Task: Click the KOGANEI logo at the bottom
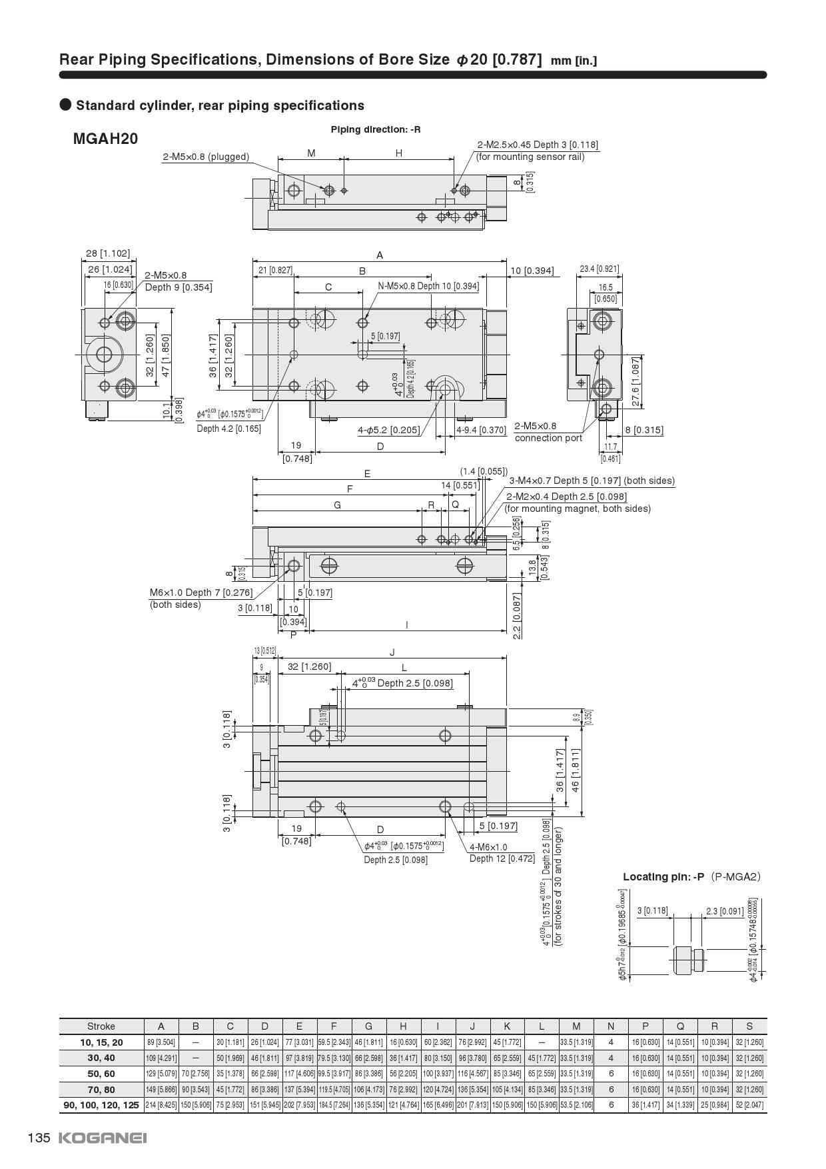coord(103,1138)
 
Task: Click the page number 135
coord(39,1138)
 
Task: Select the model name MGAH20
coord(105,139)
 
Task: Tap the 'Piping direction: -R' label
coord(376,129)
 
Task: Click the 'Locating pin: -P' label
coord(663,876)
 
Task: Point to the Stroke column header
coord(101,1026)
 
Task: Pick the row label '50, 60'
coord(101,1074)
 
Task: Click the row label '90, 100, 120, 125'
coord(101,1105)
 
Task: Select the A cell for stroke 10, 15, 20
coord(161,1042)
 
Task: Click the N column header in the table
coord(611,1026)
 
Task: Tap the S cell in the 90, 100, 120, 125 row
coord(749,1105)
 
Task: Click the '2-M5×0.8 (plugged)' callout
coord(206,157)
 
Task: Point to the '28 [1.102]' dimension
coord(108,253)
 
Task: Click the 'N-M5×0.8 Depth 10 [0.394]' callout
coord(428,286)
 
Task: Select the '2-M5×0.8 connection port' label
coord(548,432)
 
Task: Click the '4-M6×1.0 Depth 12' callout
coord(502,852)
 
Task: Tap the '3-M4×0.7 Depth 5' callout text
coord(592,481)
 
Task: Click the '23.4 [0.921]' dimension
coord(599,269)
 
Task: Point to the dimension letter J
coord(392,652)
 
